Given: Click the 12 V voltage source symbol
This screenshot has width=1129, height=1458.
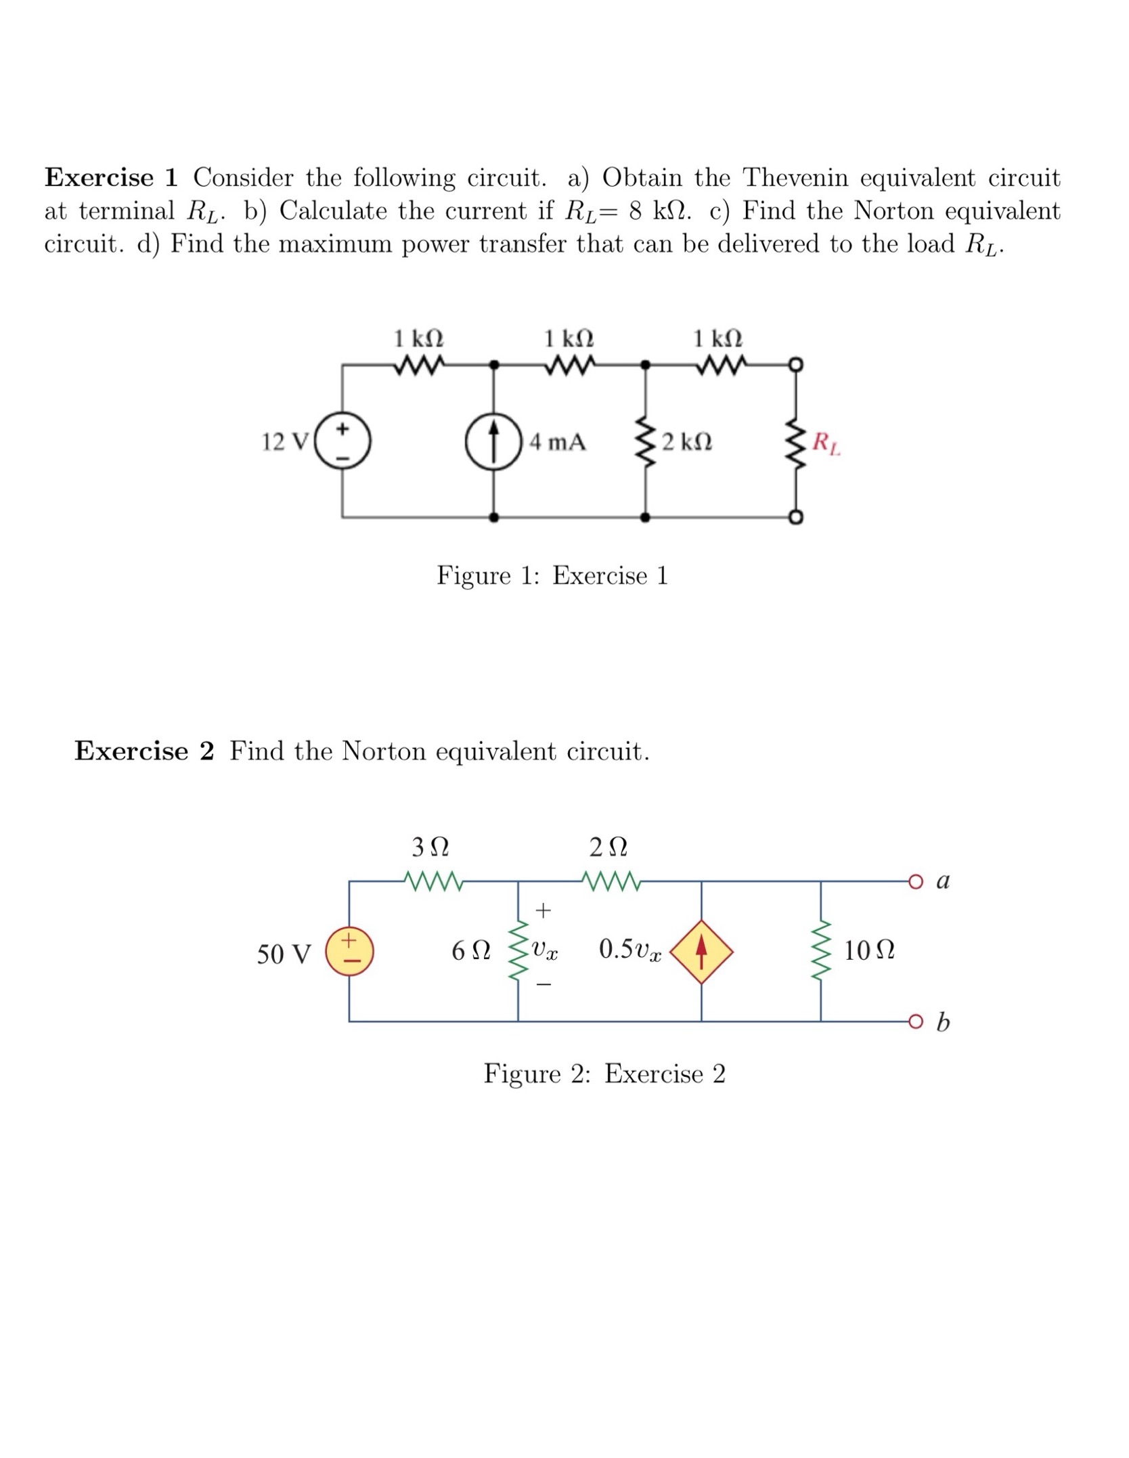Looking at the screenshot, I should click(343, 442).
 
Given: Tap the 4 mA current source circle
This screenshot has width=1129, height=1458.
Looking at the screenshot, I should click(494, 442).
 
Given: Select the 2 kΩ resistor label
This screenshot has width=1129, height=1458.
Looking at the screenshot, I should click(686, 443).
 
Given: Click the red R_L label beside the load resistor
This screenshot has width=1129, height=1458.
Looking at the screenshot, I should click(826, 443).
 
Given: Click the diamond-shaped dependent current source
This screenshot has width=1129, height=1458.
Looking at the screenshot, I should click(701, 951).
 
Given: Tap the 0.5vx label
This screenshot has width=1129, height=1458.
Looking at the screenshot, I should click(629, 949).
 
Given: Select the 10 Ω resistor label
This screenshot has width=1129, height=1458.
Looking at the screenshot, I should click(869, 951).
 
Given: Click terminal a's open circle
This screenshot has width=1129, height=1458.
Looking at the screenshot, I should click(916, 881).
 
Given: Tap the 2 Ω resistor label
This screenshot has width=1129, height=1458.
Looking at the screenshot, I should click(608, 847).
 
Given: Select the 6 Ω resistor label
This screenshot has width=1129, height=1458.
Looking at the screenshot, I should click(470, 951).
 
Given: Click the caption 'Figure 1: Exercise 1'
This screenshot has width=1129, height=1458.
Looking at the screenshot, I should click(552, 575).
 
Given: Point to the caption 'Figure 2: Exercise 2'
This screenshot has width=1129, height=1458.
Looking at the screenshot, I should click(604, 1074).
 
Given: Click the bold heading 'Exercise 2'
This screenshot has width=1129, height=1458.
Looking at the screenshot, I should click(144, 751).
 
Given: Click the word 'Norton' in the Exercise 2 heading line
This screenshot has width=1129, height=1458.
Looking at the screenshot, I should click(384, 751).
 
